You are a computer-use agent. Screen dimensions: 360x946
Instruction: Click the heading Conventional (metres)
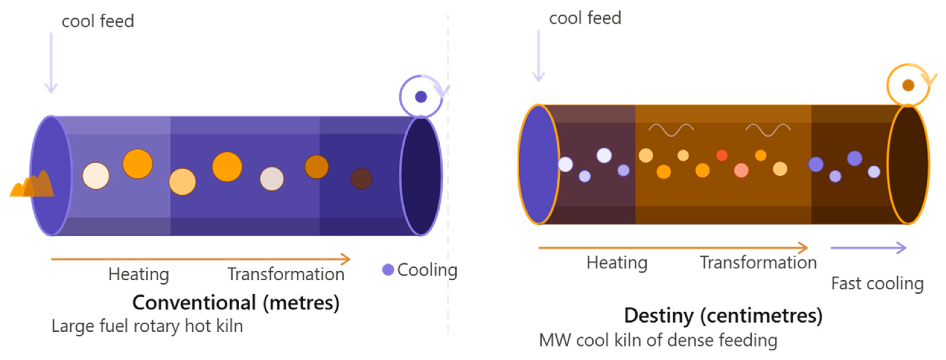click(x=236, y=303)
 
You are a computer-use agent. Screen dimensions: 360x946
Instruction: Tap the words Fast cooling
click(x=877, y=284)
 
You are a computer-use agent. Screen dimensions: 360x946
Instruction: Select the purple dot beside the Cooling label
click(x=388, y=270)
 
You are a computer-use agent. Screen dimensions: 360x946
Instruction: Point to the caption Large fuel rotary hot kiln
click(x=147, y=326)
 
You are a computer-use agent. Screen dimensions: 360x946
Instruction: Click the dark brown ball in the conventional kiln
click(x=361, y=179)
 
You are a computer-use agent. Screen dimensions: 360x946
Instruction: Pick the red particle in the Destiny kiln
click(x=721, y=155)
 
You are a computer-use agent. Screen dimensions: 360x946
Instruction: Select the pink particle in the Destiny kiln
click(x=741, y=170)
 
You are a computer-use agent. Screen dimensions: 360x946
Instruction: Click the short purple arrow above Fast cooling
click(x=868, y=248)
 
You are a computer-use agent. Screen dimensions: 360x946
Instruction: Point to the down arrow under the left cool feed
click(x=51, y=62)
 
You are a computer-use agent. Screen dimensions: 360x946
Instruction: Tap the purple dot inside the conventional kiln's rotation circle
click(x=421, y=97)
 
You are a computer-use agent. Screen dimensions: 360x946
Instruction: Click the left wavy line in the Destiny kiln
click(x=671, y=130)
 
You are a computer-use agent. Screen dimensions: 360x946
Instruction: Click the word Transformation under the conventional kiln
click(x=286, y=274)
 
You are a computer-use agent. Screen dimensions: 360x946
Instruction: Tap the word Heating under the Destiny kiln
click(x=616, y=263)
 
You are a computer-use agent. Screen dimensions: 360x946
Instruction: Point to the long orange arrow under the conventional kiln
click(x=200, y=259)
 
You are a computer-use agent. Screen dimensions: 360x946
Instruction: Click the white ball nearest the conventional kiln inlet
click(x=95, y=176)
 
